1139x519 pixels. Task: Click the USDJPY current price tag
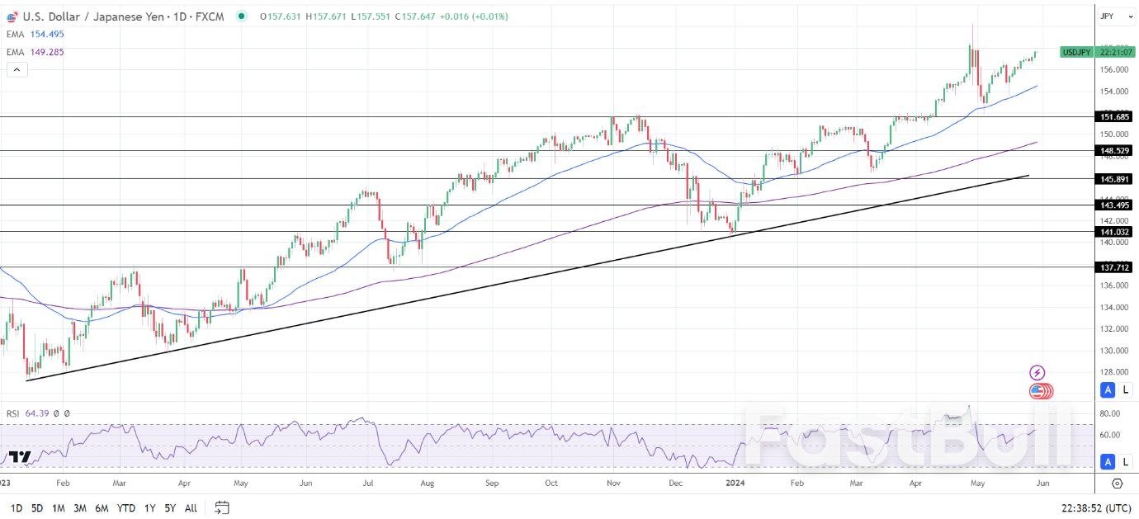click(x=1076, y=52)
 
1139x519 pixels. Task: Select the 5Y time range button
click(x=169, y=508)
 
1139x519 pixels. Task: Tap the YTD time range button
click(x=125, y=508)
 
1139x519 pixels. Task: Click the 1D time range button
click(x=17, y=508)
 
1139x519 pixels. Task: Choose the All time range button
click(x=191, y=508)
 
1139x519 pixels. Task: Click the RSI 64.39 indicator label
click(x=29, y=413)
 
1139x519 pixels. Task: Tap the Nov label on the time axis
click(x=613, y=483)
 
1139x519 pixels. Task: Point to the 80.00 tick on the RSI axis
click(x=1109, y=413)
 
